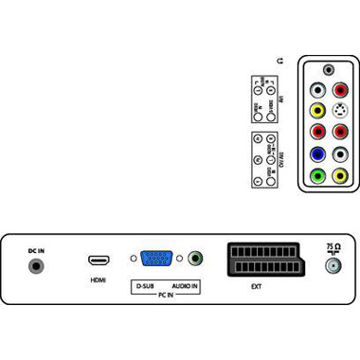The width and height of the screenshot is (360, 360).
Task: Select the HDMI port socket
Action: (97, 260)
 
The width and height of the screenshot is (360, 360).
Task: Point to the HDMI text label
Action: (97, 279)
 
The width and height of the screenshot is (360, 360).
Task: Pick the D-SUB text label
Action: (145, 285)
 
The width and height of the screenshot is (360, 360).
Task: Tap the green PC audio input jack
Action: (194, 258)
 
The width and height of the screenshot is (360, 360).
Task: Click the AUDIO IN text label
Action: (184, 285)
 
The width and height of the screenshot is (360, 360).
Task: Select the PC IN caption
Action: (165, 296)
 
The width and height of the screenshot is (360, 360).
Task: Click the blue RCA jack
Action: (317, 153)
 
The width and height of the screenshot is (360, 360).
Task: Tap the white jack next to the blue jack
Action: (340, 153)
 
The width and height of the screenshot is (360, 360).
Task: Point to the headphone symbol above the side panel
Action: (278, 61)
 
